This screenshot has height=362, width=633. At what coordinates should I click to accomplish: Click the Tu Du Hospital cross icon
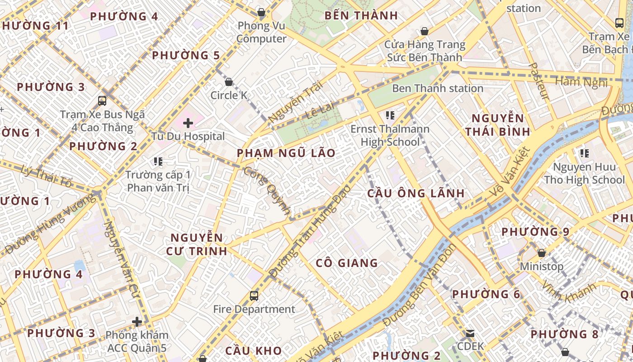click(188, 123)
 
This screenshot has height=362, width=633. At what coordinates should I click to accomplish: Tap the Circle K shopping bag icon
click(229, 82)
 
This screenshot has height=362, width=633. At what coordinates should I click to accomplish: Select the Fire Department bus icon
click(254, 296)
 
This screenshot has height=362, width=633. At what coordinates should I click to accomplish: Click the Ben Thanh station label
click(437, 88)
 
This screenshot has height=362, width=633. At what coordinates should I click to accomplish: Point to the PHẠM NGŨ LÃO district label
click(286, 153)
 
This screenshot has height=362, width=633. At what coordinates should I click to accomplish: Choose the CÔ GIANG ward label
click(347, 263)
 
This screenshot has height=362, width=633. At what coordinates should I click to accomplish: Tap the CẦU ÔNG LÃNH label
click(416, 193)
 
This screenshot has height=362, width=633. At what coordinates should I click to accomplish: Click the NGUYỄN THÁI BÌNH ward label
click(498, 125)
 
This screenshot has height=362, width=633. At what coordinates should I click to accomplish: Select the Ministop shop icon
click(541, 252)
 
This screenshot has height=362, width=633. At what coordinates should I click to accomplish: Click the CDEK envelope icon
click(470, 333)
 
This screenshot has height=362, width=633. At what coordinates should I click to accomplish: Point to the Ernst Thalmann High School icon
click(390, 115)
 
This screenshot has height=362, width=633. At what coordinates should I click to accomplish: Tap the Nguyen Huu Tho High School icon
click(584, 153)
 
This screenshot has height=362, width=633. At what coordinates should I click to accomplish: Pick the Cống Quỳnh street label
click(267, 190)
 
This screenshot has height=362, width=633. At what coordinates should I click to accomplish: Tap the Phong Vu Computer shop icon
click(261, 12)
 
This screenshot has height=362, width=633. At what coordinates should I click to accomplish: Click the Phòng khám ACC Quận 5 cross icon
click(137, 322)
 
